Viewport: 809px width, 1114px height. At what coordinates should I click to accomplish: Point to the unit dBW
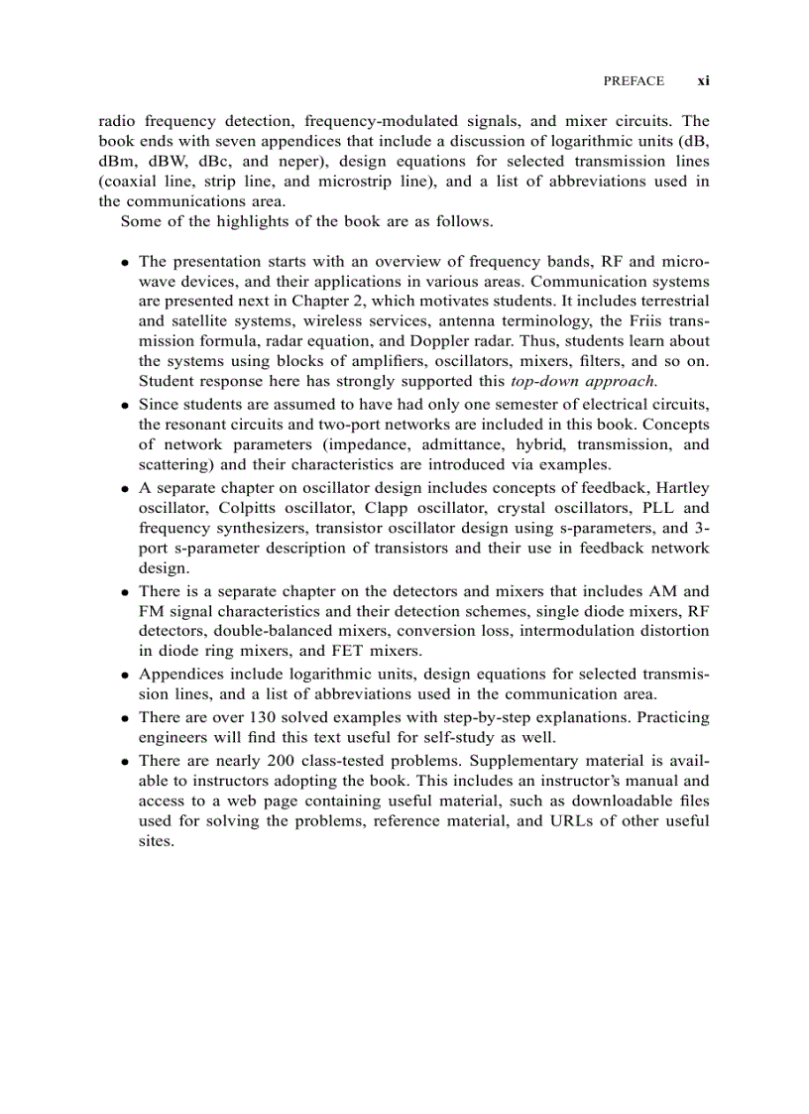click(x=169, y=161)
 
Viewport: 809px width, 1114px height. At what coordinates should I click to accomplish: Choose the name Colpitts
click(x=250, y=507)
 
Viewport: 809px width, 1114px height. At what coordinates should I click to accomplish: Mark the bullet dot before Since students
click(x=126, y=406)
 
